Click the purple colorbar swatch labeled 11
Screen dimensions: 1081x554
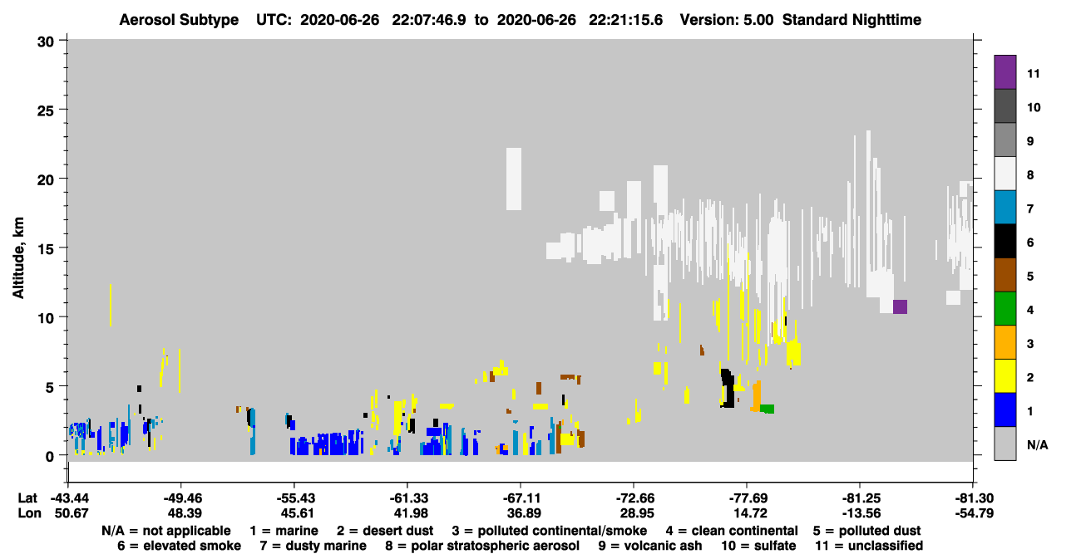point(1004,71)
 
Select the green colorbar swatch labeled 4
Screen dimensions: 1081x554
point(1004,309)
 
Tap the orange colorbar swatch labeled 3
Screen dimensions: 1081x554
point(1004,342)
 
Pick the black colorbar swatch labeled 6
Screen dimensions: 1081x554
point(1004,241)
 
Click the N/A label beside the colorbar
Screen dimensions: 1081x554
point(1037,444)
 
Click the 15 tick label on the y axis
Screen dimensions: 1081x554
point(46,248)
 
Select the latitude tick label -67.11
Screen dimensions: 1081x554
point(521,498)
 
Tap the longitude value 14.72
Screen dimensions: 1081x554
point(747,513)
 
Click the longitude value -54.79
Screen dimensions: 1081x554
point(974,513)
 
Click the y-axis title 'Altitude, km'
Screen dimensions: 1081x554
point(18,258)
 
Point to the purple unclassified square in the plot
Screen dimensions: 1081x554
point(900,306)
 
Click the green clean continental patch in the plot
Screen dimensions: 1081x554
point(768,409)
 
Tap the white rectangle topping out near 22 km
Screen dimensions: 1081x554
point(514,179)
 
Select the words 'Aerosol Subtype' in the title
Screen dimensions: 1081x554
point(179,20)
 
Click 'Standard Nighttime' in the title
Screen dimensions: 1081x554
point(851,20)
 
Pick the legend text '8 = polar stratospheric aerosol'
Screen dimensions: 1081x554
point(482,546)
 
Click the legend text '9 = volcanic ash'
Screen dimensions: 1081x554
point(650,546)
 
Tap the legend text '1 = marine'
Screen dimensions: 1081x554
point(284,531)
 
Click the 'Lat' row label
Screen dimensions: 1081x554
point(27,498)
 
